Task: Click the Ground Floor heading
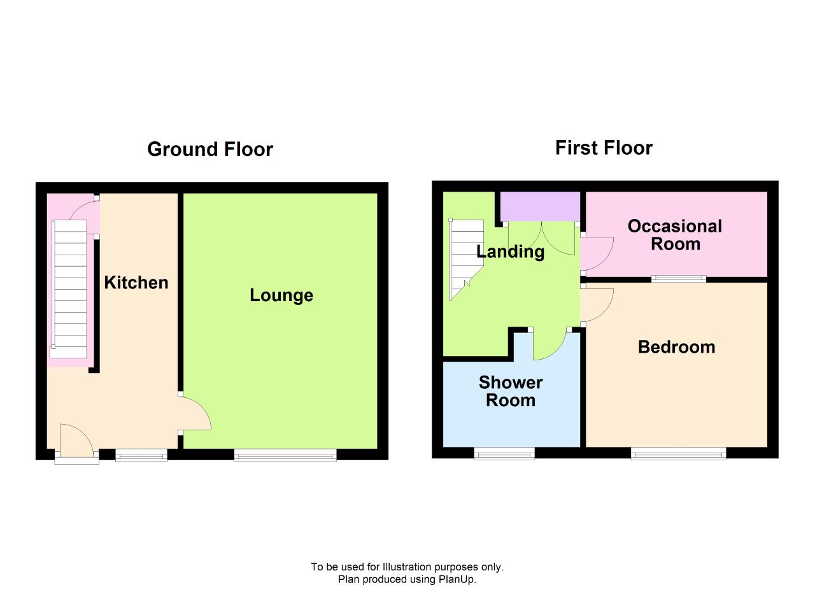pos(210,149)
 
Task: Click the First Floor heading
pos(604,148)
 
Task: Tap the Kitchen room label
pos(136,283)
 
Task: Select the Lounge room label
pos(281,295)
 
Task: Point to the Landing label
pos(511,251)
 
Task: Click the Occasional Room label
pos(675,235)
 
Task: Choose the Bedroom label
pos(676,347)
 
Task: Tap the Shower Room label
pos(511,391)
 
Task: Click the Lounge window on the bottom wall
pos(285,454)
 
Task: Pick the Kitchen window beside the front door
pos(141,455)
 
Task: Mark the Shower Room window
pos(504,453)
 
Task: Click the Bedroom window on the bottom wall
pos(678,453)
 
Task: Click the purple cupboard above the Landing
pos(540,206)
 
